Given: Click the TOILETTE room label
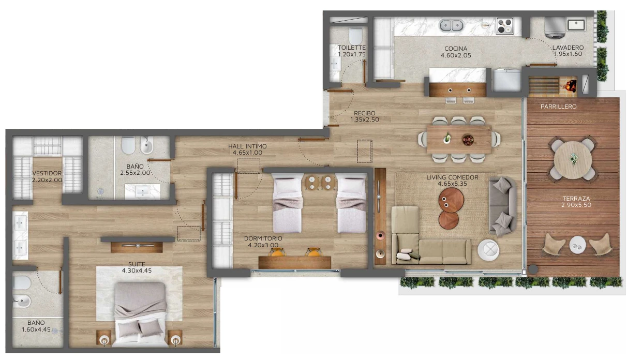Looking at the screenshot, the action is [352, 48].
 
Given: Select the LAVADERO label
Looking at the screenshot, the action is [568, 48].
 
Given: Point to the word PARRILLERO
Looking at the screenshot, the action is [558, 107].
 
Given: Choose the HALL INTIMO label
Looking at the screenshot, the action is [247, 146].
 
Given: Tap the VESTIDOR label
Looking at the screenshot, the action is [47, 173].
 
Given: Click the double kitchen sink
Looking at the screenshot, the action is [451, 25].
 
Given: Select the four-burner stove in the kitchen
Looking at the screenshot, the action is [505, 26].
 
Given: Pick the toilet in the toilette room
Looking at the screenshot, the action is [355, 36].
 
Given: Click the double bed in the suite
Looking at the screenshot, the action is [141, 314].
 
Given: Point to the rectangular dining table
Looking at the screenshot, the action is [459, 139].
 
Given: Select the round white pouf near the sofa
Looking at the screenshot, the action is [488, 250].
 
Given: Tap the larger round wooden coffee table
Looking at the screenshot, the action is [451, 200].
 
